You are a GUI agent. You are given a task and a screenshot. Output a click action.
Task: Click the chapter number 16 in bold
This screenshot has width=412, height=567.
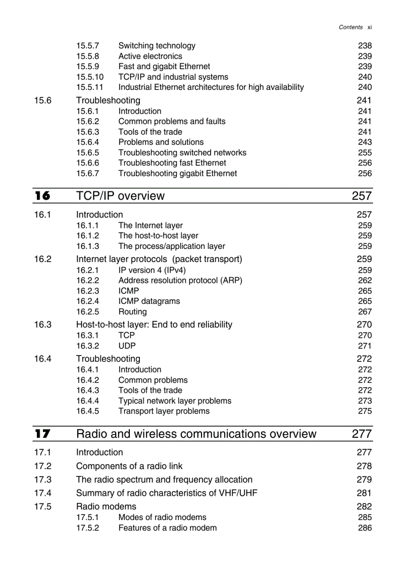[x=42, y=196]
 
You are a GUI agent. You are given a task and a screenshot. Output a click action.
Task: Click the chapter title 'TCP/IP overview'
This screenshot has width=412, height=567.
[x=120, y=196]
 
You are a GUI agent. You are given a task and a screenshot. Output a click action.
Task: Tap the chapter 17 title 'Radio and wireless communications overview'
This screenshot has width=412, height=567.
[x=196, y=434]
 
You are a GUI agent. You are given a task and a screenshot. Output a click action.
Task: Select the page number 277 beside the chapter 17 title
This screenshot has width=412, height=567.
[x=362, y=434]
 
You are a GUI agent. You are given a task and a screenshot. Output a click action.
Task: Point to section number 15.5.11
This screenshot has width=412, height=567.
[x=90, y=87]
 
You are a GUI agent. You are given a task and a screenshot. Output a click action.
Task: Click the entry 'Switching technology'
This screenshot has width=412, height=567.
[x=157, y=46]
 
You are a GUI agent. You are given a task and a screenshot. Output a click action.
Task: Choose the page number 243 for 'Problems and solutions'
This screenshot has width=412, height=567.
[x=365, y=142]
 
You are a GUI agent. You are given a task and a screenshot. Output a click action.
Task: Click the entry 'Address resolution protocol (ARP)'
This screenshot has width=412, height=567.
[x=180, y=280]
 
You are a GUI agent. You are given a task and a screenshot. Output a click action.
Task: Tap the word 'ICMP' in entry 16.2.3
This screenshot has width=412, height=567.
[x=128, y=291]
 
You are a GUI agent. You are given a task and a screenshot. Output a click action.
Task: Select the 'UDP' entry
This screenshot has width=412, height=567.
[x=127, y=346]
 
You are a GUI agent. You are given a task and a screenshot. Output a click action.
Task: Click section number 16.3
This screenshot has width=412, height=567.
[x=43, y=325]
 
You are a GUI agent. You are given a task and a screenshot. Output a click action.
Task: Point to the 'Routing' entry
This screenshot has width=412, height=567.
[x=132, y=312]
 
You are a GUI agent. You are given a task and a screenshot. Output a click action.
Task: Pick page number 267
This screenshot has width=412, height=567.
[x=365, y=312]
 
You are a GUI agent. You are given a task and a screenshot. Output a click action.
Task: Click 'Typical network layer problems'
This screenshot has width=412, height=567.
[x=175, y=401]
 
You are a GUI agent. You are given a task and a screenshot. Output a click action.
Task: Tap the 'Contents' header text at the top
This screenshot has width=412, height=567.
[x=350, y=27]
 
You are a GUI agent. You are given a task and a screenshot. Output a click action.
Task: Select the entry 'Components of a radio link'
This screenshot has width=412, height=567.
[x=129, y=466]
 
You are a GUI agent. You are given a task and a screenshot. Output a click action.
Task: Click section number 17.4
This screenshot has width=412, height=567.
[x=43, y=493]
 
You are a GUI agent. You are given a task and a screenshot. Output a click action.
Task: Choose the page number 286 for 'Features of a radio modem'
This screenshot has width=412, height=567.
[x=365, y=528]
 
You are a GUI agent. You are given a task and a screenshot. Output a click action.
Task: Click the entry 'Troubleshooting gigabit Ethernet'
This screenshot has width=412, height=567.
[x=177, y=174]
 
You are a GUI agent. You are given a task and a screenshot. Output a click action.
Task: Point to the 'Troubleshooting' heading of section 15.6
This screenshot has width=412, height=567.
[x=108, y=100]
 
